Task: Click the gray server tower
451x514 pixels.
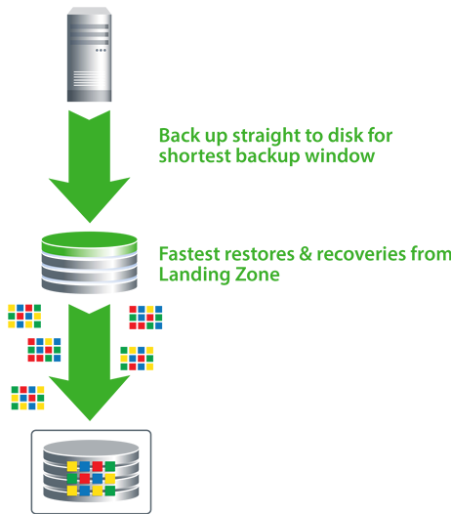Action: point(90,55)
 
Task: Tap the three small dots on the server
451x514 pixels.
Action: point(101,51)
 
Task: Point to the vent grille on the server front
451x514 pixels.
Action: point(89,79)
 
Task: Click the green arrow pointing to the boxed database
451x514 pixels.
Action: point(90,362)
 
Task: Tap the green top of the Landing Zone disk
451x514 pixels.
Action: point(90,242)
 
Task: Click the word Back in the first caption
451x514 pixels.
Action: point(180,136)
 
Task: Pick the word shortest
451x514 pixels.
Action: point(195,155)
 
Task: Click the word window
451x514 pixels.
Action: point(340,155)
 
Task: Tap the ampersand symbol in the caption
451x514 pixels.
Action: point(306,254)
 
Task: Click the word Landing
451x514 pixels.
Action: point(194,276)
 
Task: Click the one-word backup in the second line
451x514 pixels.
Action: point(267,156)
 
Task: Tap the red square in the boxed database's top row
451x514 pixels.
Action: point(98,466)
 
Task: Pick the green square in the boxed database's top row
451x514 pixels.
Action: point(110,466)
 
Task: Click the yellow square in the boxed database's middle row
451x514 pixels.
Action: point(110,479)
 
